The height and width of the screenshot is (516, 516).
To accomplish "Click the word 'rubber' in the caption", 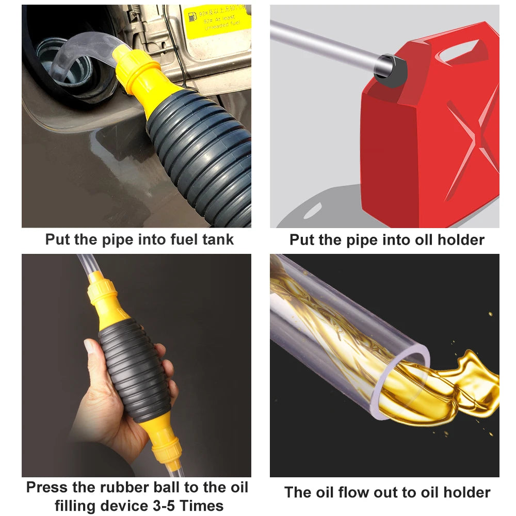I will tap(124, 488).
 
